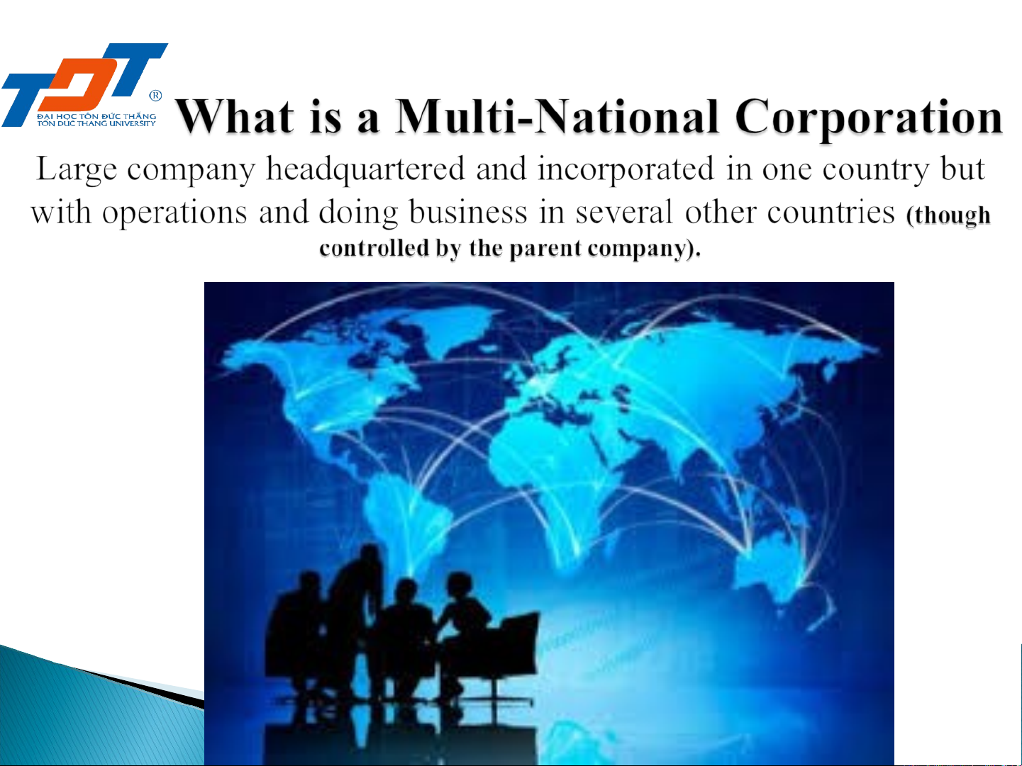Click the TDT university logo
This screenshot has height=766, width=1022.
tap(84, 85)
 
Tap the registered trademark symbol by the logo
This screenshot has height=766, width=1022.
tap(155, 96)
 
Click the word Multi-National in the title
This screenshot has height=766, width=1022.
tap(557, 116)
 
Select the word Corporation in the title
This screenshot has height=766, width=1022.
tap(869, 118)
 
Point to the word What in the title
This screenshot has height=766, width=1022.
tap(235, 116)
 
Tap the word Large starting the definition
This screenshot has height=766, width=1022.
tap(77, 170)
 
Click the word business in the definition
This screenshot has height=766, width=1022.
tap(468, 212)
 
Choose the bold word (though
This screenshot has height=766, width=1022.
tap(948, 215)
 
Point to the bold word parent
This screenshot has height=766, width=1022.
tap(545, 249)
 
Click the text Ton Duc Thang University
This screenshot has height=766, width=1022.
tap(96, 124)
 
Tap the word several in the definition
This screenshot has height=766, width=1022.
tap(624, 212)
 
